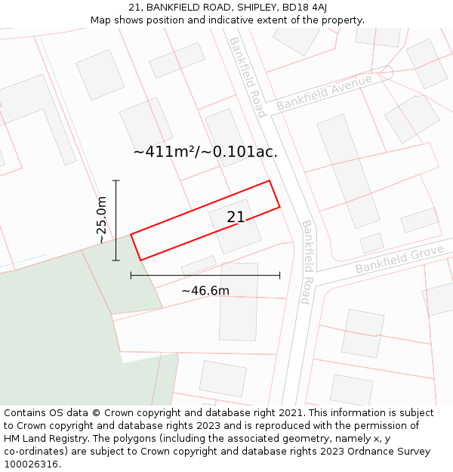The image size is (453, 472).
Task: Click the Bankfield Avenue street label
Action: click(x=324, y=93)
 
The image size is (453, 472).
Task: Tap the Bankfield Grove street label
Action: click(x=399, y=259)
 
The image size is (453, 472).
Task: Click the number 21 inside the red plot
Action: click(x=236, y=217)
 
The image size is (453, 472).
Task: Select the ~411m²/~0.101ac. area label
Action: click(x=205, y=152)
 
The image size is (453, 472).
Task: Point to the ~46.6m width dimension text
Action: click(x=205, y=291)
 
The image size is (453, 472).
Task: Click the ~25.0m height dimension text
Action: click(x=101, y=220)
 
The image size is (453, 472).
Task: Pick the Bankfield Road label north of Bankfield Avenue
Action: click(x=248, y=77)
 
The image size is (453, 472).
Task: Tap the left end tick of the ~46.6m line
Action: click(x=131, y=276)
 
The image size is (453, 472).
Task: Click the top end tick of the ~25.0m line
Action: click(x=116, y=180)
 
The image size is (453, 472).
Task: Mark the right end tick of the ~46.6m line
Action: click(x=280, y=276)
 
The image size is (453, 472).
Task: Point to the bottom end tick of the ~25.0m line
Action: click(x=116, y=261)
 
